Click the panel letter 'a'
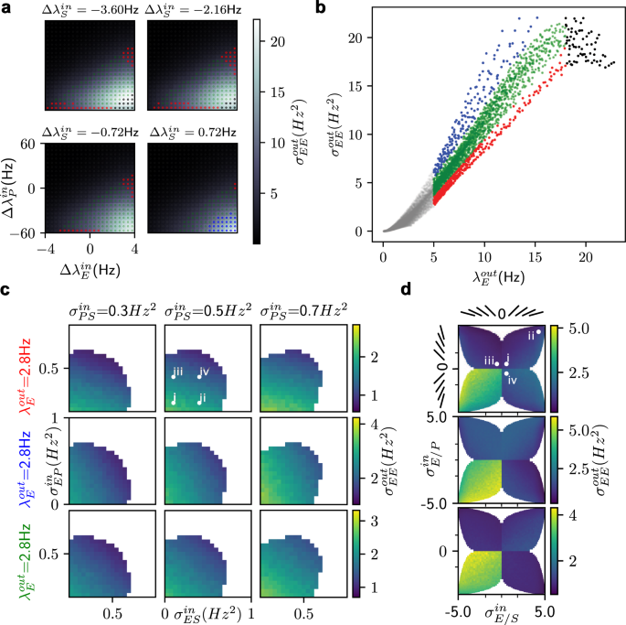6,8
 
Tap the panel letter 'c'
6,290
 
